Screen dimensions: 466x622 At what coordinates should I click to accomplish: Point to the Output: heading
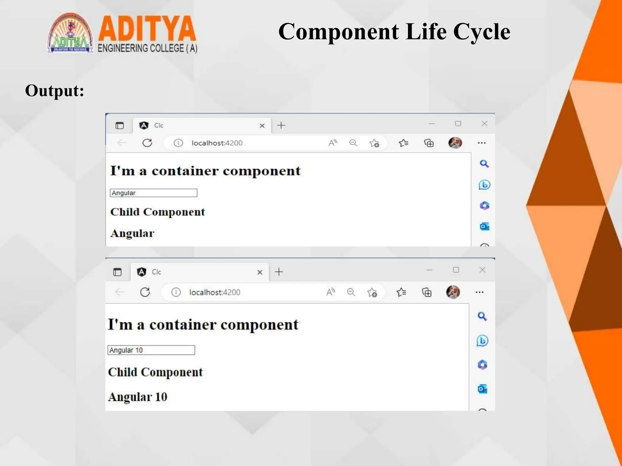[55, 91]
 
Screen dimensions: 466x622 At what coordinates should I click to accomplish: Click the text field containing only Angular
[153, 193]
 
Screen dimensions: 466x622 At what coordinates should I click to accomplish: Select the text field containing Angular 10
[151, 350]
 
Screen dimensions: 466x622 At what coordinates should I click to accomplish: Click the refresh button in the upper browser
[147, 143]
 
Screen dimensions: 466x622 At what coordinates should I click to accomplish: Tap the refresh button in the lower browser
[145, 292]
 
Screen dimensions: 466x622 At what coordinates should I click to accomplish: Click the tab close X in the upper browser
[262, 126]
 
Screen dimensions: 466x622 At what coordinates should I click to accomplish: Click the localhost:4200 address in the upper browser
[217, 143]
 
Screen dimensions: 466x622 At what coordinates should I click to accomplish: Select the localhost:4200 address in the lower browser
[214, 292]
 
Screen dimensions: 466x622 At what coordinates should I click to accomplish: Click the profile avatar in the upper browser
[455, 143]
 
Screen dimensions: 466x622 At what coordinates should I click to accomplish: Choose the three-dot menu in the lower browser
[479, 292]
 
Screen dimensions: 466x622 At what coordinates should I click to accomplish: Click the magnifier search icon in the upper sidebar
[484, 164]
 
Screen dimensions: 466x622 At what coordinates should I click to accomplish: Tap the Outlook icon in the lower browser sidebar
[482, 389]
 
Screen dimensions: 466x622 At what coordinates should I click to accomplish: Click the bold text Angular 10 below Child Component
[138, 397]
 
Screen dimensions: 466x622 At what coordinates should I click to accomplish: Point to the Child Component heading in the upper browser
[157, 212]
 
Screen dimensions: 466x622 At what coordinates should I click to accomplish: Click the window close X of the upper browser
[484, 123]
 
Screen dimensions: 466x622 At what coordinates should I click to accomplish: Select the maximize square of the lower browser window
[456, 270]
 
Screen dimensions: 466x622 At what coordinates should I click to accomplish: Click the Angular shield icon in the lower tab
[141, 272]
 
